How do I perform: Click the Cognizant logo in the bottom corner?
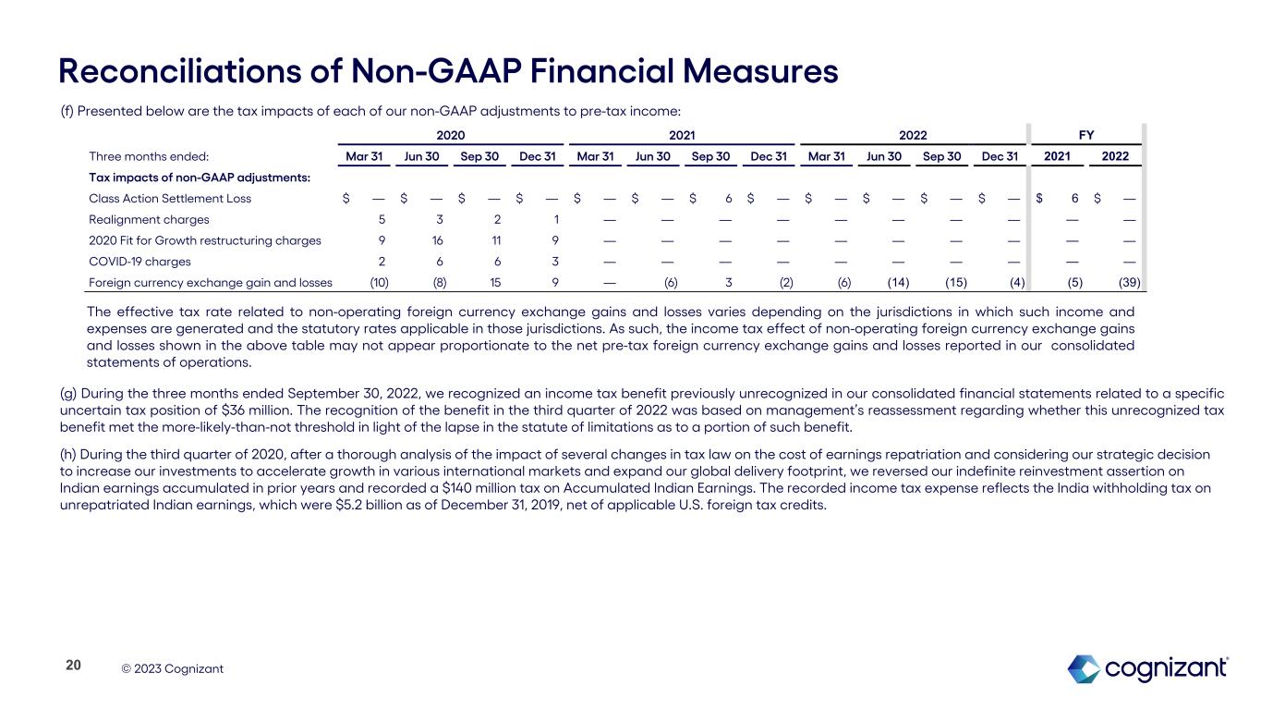(1147, 668)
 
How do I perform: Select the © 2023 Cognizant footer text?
(173, 668)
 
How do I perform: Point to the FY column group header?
(1086, 135)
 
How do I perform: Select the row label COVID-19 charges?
(139, 262)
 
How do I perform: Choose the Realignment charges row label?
(149, 219)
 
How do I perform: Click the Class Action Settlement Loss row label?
(169, 198)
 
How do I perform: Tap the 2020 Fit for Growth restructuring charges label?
(204, 240)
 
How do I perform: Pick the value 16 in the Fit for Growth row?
(438, 240)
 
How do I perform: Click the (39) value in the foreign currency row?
(1128, 283)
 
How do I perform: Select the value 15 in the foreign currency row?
(494, 283)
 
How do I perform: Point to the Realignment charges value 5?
(382, 219)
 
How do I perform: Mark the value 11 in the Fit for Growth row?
(495, 240)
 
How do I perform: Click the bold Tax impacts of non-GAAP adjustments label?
(199, 177)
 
